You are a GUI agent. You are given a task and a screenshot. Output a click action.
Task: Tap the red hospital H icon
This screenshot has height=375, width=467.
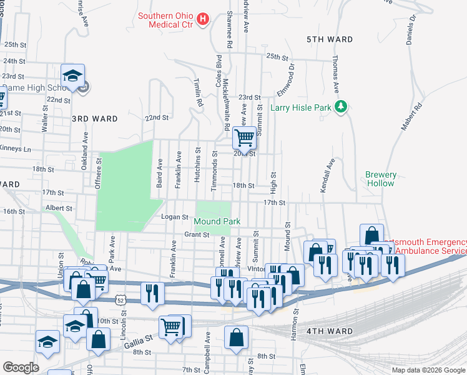coord(202,20)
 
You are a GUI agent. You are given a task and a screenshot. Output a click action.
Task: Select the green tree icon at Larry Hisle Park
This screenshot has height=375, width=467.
coord(340,107)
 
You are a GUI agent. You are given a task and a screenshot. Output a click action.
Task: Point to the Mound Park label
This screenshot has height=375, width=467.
coord(217,221)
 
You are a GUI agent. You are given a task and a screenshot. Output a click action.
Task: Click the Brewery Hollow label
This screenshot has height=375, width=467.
coord(380,179)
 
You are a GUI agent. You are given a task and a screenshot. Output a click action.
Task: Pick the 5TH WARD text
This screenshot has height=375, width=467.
coord(330,39)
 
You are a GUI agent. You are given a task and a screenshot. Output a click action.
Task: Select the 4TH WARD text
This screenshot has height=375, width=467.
coord(329,331)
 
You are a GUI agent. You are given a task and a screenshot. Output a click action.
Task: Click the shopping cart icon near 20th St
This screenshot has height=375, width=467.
coord(244,137)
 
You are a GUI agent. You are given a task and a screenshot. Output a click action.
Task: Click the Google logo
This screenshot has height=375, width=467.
coord(21,367)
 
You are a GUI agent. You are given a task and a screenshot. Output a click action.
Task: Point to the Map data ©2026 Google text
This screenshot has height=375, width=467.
coord(428,370)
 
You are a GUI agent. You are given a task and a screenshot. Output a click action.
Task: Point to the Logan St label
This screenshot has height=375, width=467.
coord(175,217)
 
